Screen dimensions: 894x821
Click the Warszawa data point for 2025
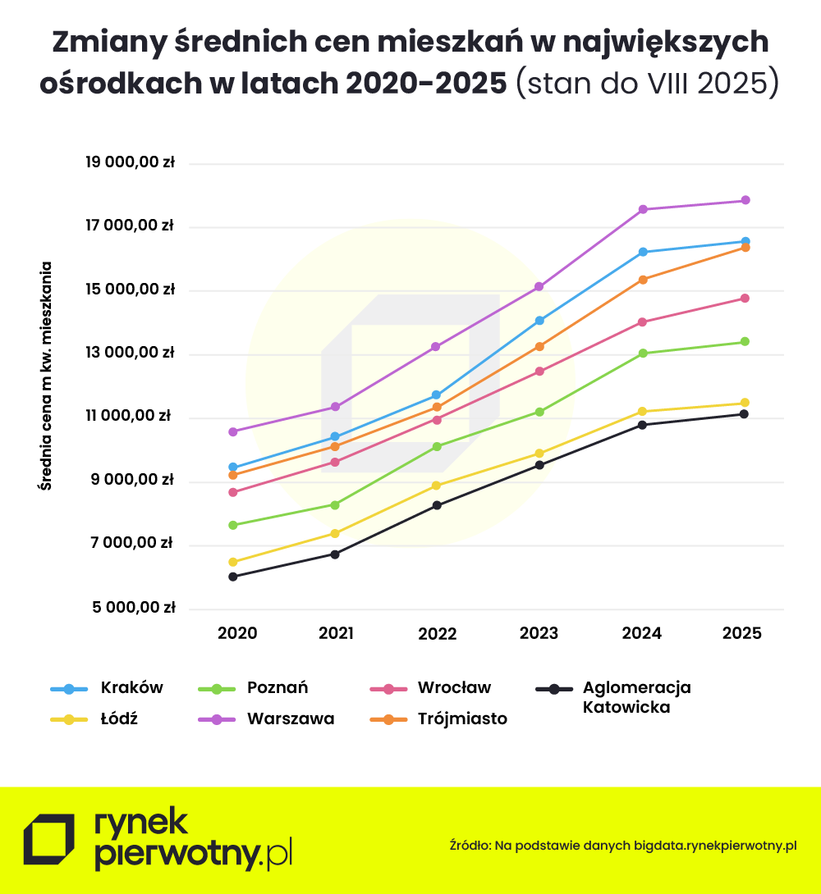pos(745,200)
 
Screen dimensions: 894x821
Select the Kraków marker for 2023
pos(539,320)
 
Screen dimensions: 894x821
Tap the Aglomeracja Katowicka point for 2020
pos(233,577)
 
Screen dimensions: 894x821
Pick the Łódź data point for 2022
pos(437,486)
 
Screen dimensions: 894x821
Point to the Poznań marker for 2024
pos(643,353)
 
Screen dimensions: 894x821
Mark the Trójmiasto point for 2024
pos(643,280)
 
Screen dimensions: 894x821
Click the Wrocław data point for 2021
pos(335,462)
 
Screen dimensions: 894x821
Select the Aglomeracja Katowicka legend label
pos(636,697)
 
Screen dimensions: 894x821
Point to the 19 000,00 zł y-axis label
pos(131,162)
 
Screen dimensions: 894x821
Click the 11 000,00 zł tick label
pos(131,417)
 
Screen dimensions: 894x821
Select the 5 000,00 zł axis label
pos(131,608)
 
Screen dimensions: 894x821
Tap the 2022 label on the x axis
pos(438,633)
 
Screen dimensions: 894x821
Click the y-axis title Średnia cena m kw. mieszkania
pos(46,376)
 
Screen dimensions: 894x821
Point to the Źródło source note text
pos(623,845)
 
